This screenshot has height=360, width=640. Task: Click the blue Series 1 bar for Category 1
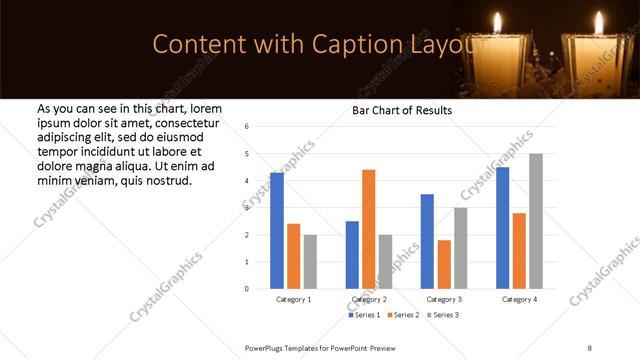coord(277,230)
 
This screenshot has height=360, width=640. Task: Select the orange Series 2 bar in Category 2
coord(368,229)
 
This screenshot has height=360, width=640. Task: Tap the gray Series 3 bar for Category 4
coord(535,221)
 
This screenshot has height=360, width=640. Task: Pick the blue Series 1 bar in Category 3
coord(427,241)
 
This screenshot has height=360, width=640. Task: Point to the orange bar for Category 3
coord(444,264)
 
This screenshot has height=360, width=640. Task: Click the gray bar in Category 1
coord(310,261)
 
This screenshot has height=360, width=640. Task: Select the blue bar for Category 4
coord(502,227)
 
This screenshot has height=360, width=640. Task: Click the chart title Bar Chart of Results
coord(403,110)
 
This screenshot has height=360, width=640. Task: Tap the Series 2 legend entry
coord(402,316)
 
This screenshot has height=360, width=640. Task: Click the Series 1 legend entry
coord(363,316)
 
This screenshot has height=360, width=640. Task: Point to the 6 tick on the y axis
coord(247,127)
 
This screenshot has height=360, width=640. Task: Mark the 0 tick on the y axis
coord(247,289)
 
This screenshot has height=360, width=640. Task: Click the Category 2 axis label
coord(369,299)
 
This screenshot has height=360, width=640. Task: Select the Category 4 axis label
coord(519,299)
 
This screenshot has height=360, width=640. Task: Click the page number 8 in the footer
coord(589,347)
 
